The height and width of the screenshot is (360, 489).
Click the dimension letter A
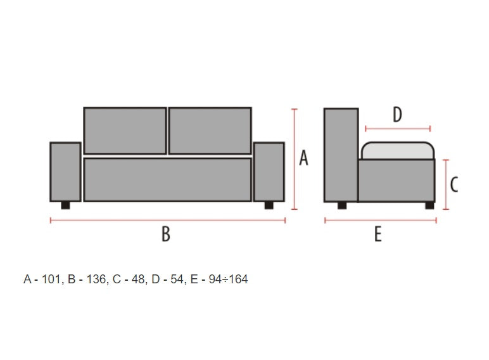303,158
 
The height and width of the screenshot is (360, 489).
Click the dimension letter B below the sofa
166,234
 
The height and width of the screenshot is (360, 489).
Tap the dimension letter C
454,184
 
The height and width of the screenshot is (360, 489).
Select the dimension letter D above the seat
397,115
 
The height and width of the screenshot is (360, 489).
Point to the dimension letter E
378,234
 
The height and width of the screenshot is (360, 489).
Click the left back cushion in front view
125,131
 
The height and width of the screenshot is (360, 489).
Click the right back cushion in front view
210,131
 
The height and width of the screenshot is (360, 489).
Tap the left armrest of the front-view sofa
65,172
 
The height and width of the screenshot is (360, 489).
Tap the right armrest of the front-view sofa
269,172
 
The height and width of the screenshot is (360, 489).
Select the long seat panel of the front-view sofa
167,180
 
